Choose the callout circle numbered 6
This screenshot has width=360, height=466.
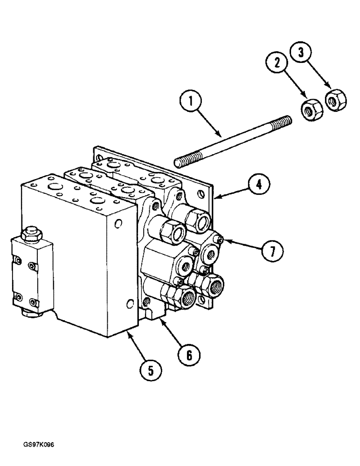tap(189, 355)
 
